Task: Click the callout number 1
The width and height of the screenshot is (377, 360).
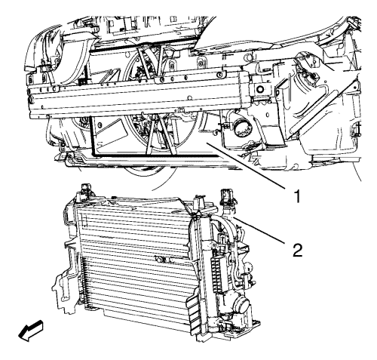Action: tap(298, 196)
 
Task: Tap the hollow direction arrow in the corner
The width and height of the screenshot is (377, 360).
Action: tap(31, 331)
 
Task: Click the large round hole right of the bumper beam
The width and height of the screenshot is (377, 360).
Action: tap(259, 89)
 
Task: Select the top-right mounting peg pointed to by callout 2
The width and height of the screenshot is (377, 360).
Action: tap(227, 197)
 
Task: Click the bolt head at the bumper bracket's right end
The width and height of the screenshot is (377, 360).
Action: tap(220, 75)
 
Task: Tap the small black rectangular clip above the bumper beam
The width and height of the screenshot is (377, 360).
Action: tap(81, 82)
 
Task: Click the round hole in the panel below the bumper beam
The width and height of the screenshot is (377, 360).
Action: tap(100, 125)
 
